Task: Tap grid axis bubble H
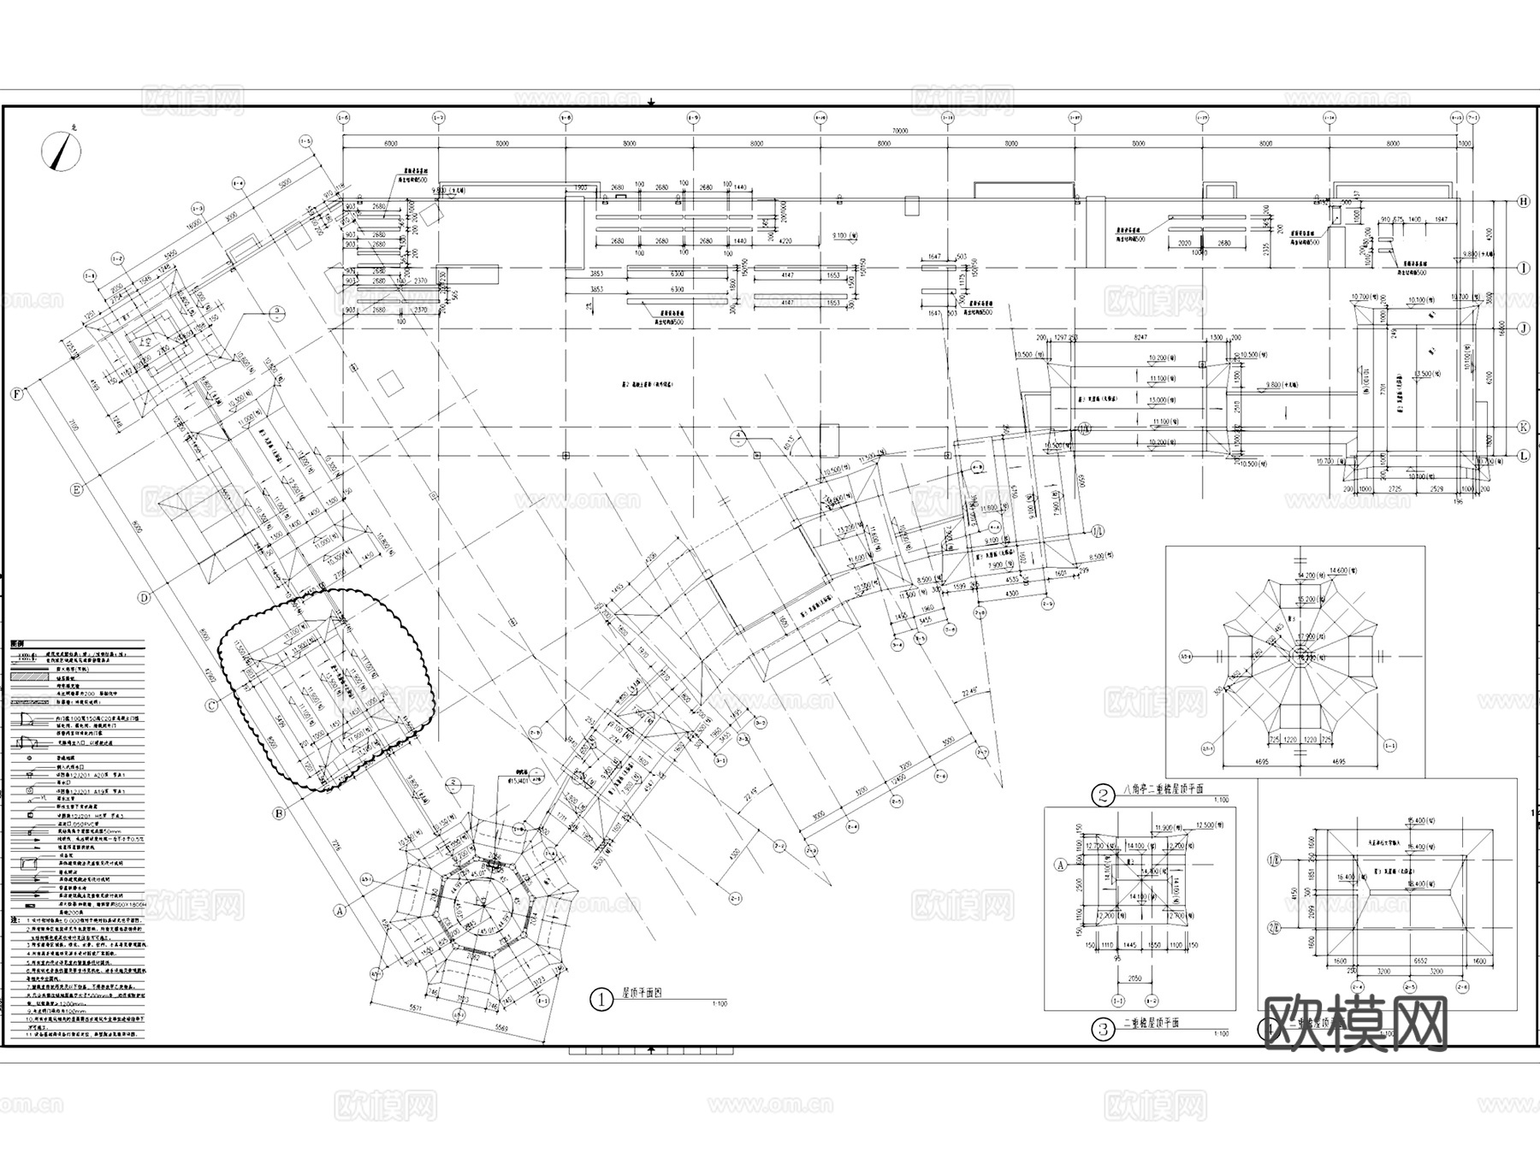(1523, 202)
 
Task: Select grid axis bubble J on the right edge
(1523, 328)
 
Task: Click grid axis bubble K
(1523, 427)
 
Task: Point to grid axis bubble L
(1523, 456)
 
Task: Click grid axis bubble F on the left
(16, 394)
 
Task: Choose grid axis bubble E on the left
(76, 490)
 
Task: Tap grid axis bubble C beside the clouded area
(211, 706)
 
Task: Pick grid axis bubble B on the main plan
(278, 813)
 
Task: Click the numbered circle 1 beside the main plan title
(602, 999)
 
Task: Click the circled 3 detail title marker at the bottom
(1104, 1029)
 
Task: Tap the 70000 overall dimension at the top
(899, 131)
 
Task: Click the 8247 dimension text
(1140, 339)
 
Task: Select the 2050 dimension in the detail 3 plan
(1134, 978)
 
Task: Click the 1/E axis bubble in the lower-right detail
(1272, 858)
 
